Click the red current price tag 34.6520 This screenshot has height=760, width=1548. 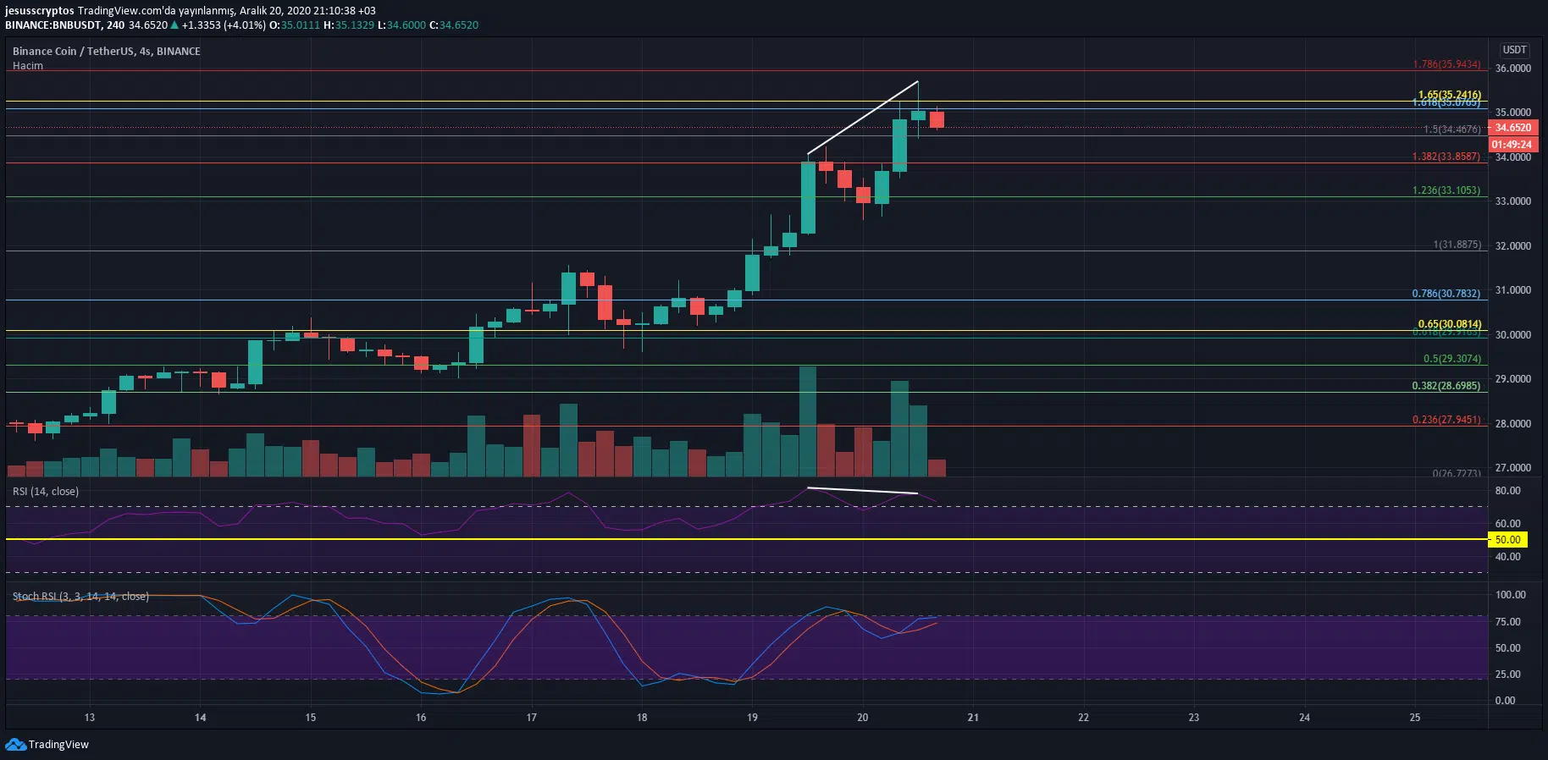(1512, 128)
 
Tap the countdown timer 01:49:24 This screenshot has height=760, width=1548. (1512, 145)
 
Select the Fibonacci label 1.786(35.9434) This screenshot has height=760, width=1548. (1446, 64)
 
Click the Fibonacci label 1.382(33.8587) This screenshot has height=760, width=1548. (1446, 157)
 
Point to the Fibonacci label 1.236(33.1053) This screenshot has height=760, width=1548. (1446, 190)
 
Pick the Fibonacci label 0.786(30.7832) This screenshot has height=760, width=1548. (1446, 294)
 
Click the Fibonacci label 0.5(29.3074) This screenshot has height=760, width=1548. (1452, 359)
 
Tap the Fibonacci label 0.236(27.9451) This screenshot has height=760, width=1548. (1446, 420)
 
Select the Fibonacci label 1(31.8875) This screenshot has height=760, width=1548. (1457, 245)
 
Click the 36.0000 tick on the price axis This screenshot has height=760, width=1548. (1513, 69)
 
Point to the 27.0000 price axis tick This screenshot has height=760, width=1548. (1513, 468)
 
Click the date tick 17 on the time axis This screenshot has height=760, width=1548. (532, 718)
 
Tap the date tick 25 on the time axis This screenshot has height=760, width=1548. (1415, 718)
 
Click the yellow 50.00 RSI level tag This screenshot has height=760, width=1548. (1507, 540)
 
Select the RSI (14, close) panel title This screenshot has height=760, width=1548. (46, 492)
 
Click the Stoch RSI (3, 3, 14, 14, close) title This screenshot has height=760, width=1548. (80, 597)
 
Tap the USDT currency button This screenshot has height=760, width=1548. (1514, 50)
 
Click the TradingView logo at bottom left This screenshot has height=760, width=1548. (47, 745)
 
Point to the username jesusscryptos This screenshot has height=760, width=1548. (39, 11)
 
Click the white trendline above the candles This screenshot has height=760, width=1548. (863, 118)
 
